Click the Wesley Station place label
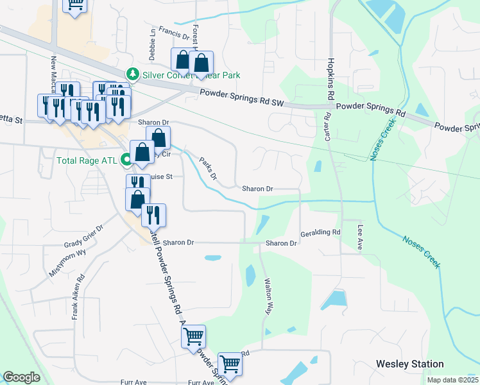point(409,364)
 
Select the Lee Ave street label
point(360,236)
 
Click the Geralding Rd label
point(320,233)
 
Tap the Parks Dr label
point(208,168)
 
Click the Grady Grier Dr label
point(83,237)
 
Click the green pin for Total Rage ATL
point(126,160)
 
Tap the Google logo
point(21,378)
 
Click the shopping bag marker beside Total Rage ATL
point(142,153)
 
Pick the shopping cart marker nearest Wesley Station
point(230,364)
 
